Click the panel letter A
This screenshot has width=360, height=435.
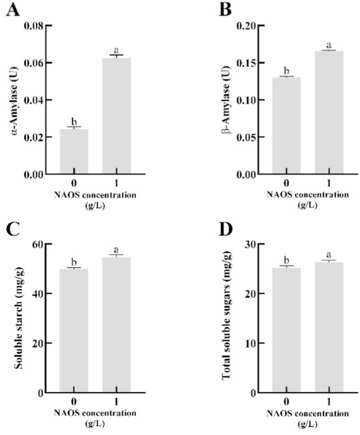(13, 10)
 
